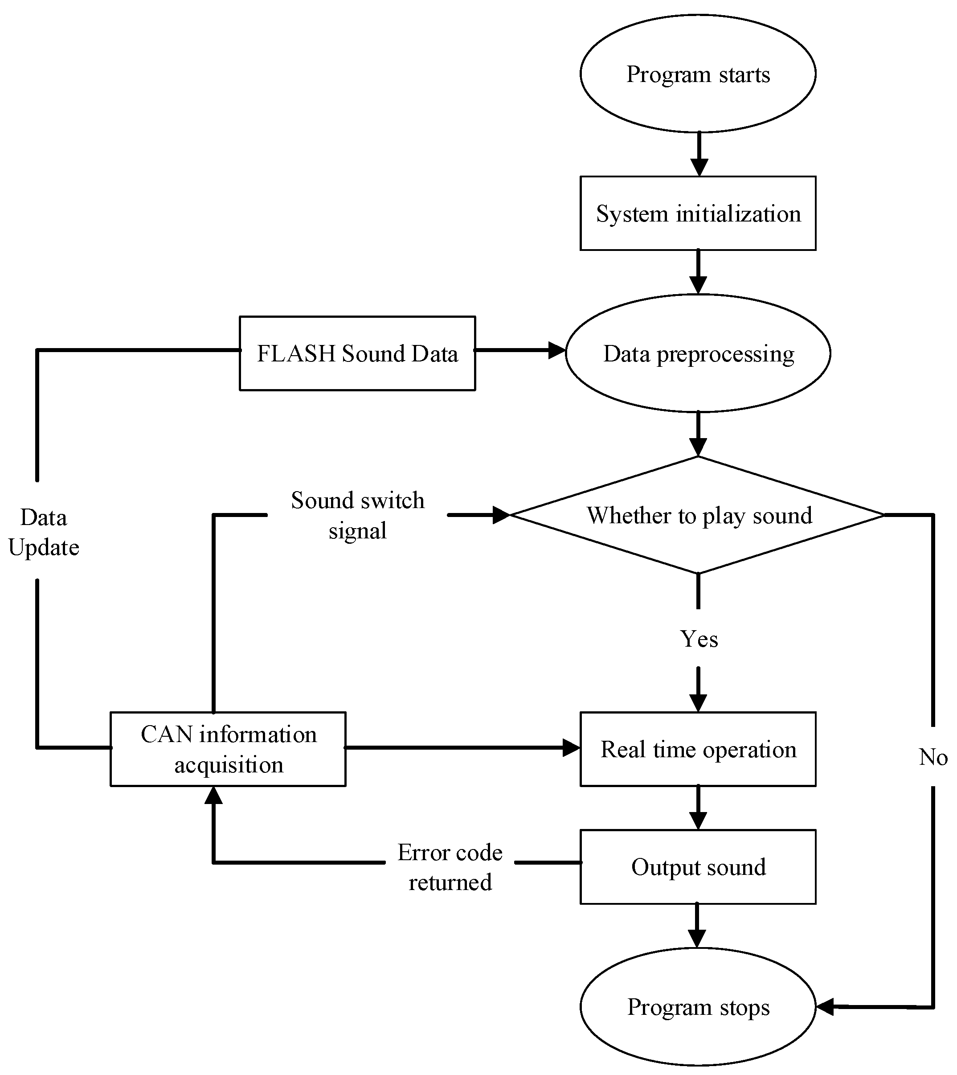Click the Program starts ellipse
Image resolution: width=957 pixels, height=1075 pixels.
click(698, 74)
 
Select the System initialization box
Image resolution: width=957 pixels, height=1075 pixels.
click(698, 213)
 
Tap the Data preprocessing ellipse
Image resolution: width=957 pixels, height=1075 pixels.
click(698, 353)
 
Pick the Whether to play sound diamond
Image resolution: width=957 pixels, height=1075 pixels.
click(698, 515)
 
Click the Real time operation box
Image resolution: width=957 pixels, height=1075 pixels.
click(698, 749)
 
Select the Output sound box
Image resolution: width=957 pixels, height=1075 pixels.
click(698, 867)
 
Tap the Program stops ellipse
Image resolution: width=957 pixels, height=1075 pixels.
click(698, 1007)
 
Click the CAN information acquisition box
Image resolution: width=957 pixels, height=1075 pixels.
click(228, 749)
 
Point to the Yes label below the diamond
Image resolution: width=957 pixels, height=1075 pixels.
click(699, 639)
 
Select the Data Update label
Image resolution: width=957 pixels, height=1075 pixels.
click(44, 532)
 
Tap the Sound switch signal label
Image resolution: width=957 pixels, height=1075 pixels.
click(358, 515)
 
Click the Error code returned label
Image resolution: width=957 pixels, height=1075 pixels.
click(450, 867)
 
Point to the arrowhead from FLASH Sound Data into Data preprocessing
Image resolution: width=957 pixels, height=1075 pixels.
click(556, 350)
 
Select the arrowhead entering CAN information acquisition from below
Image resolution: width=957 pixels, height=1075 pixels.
click(213, 796)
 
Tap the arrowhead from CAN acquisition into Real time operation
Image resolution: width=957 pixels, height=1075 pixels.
click(571, 747)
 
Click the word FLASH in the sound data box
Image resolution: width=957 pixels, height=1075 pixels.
click(296, 353)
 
